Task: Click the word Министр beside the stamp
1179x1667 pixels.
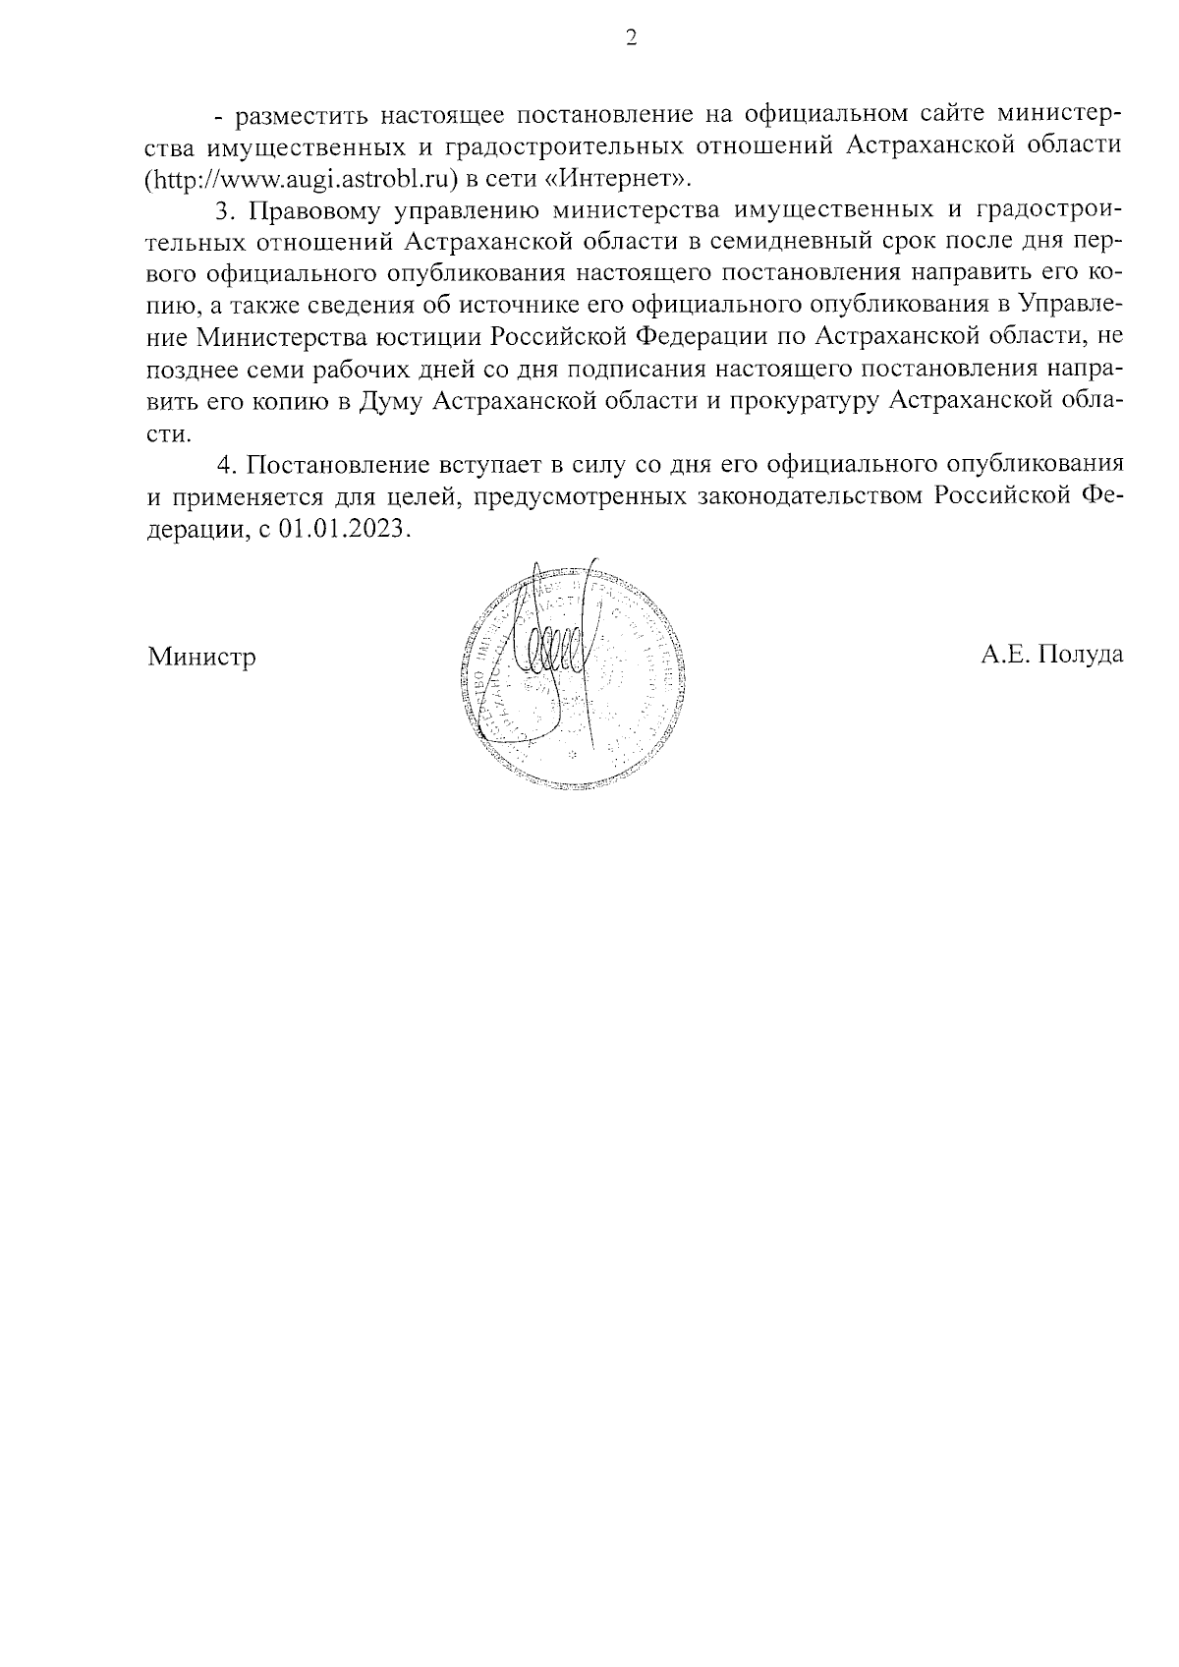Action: [x=201, y=657]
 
